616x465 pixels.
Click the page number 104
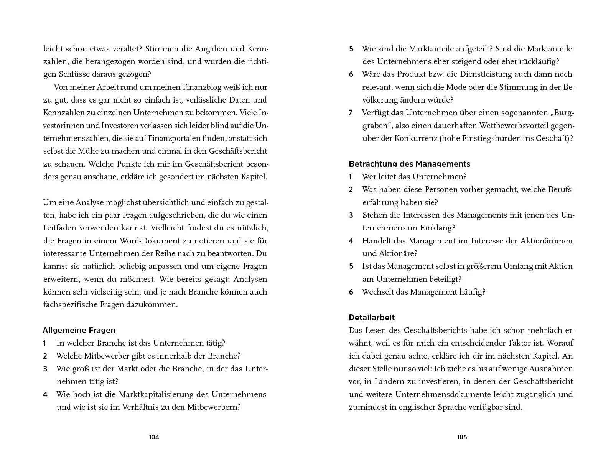(x=154, y=437)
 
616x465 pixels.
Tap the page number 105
(x=462, y=437)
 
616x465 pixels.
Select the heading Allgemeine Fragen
(x=79, y=330)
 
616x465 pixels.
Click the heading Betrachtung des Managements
(x=409, y=164)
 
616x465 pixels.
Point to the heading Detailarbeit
(x=372, y=318)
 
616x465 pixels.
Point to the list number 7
(x=351, y=113)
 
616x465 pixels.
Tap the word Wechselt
(x=377, y=292)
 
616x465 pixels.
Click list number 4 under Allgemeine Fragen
(x=45, y=394)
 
